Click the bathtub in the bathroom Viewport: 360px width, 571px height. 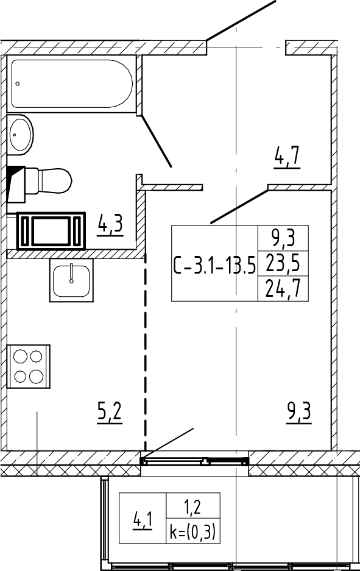click(x=71, y=83)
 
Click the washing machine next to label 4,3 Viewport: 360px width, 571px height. click(x=51, y=231)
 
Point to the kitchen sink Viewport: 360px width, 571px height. click(x=71, y=280)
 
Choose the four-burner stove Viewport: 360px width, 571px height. click(x=29, y=366)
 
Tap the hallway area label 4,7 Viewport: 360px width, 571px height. click(x=287, y=158)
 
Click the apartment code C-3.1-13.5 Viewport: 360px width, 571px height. click(x=214, y=266)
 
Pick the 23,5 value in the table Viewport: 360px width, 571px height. click(x=283, y=263)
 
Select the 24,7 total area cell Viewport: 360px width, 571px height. click(x=283, y=289)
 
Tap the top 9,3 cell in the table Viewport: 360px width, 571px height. click(x=283, y=238)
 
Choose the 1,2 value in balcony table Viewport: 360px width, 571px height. click(x=192, y=506)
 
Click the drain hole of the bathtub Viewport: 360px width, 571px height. click(x=18, y=83)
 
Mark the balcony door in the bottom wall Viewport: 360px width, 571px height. click(x=195, y=461)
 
